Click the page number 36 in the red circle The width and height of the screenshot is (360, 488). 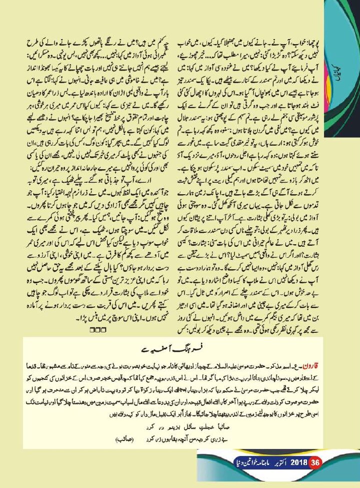point(314,476)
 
